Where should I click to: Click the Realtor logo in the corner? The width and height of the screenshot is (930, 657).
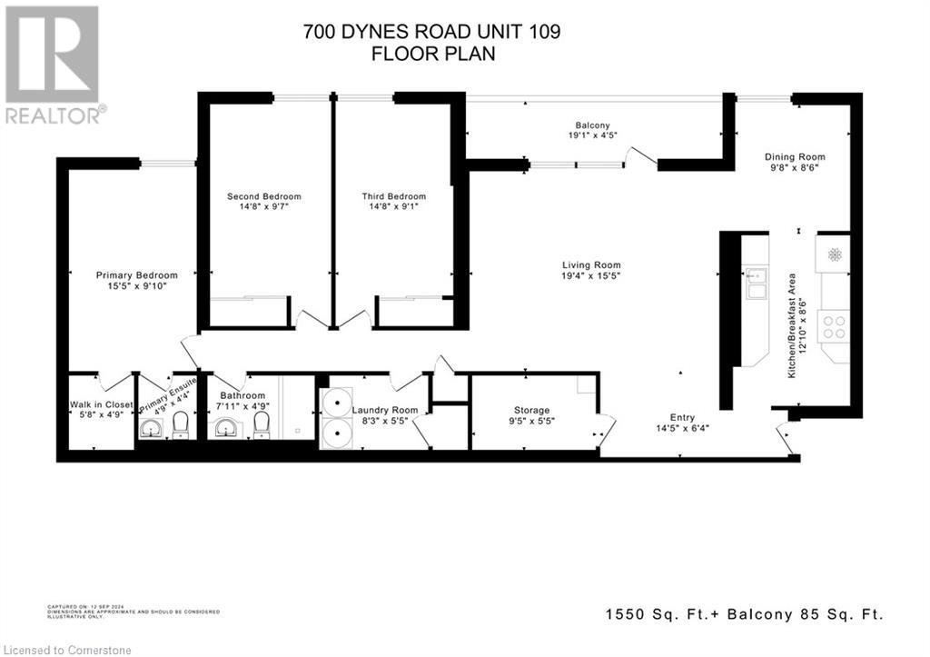coord(54,65)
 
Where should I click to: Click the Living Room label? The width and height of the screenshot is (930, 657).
coord(590,265)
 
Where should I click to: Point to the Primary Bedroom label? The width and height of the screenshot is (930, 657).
coord(137,275)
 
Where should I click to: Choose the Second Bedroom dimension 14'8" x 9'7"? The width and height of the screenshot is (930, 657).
coord(263,206)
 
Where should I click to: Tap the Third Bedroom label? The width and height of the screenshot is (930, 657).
coord(393,196)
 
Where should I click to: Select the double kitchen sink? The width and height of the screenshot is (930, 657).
coord(756,283)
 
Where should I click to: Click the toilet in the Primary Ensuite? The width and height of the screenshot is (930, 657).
coord(180,423)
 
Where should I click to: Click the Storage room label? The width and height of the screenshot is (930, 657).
coord(532,411)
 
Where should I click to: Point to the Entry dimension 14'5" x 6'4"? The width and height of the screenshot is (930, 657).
coord(682,428)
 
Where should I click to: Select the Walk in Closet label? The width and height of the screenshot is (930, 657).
coord(102,404)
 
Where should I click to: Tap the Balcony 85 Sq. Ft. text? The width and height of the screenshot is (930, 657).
coord(820,615)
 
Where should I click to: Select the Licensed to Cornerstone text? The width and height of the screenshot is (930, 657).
coord(67,649)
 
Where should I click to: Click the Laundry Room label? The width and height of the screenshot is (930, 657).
coord(385,411)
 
